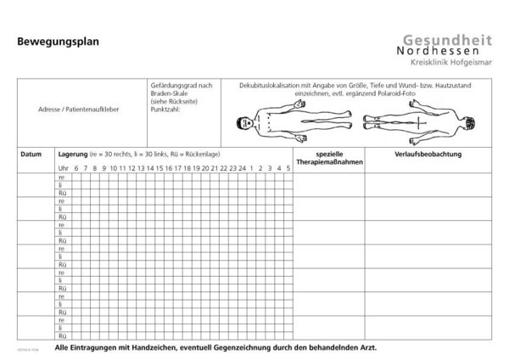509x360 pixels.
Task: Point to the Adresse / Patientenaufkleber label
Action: pyautogui.click(x=74, y=111)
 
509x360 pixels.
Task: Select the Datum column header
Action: pyautogui.click(x=31, y=155)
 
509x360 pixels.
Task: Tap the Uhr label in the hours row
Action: pyautogui.click(x=63, y=167)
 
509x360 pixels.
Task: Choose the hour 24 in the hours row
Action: pyautogui.click(x=243, y=167)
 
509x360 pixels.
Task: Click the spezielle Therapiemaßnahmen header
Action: pyautogui.click(x=327, y=159)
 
